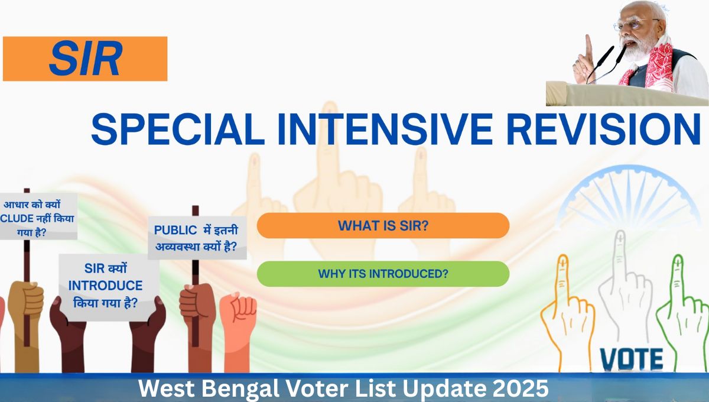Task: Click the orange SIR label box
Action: pyautogui.click(x=85, y=59)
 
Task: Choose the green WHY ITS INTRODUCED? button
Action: pyautogui.click(x=383, y=274)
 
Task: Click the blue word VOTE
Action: pyautogui.click(x=631, y=358)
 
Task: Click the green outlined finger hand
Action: pyautogui.click(x=679, y=307)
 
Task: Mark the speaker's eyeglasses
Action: pyautogui.click(x=630, y=25)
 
